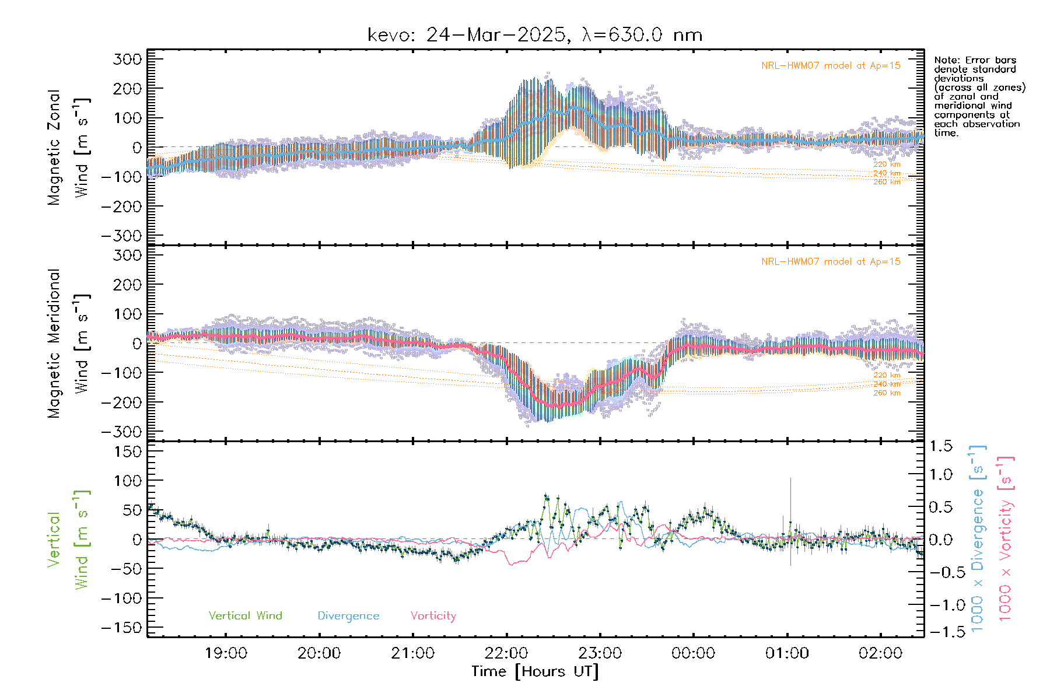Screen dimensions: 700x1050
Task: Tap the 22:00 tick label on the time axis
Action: point(506,653)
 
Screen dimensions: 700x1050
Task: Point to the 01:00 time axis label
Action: point(787,653)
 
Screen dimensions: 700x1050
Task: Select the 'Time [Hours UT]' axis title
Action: point(535,671)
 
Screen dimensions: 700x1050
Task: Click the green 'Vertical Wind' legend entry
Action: point(245,615)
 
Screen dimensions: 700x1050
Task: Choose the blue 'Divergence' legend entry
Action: point(348,616)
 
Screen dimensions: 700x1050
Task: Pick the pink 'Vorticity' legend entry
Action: point(433,615)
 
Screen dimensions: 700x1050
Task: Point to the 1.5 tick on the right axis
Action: point(940,446)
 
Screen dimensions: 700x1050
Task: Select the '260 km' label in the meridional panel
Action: point(887,393)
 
